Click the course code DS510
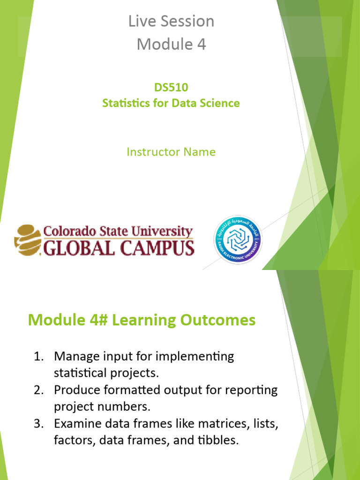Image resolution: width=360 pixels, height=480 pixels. coord(171,87)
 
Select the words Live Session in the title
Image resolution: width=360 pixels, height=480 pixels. coord(171,21)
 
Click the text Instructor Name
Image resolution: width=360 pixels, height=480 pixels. coord(171,152)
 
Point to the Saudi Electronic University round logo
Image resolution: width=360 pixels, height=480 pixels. coord(238,239)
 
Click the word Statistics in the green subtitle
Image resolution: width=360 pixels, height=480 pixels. coord(125,103)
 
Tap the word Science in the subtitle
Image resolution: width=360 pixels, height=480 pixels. coord(218,103)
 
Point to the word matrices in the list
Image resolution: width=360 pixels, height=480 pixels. coord(218,424)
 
